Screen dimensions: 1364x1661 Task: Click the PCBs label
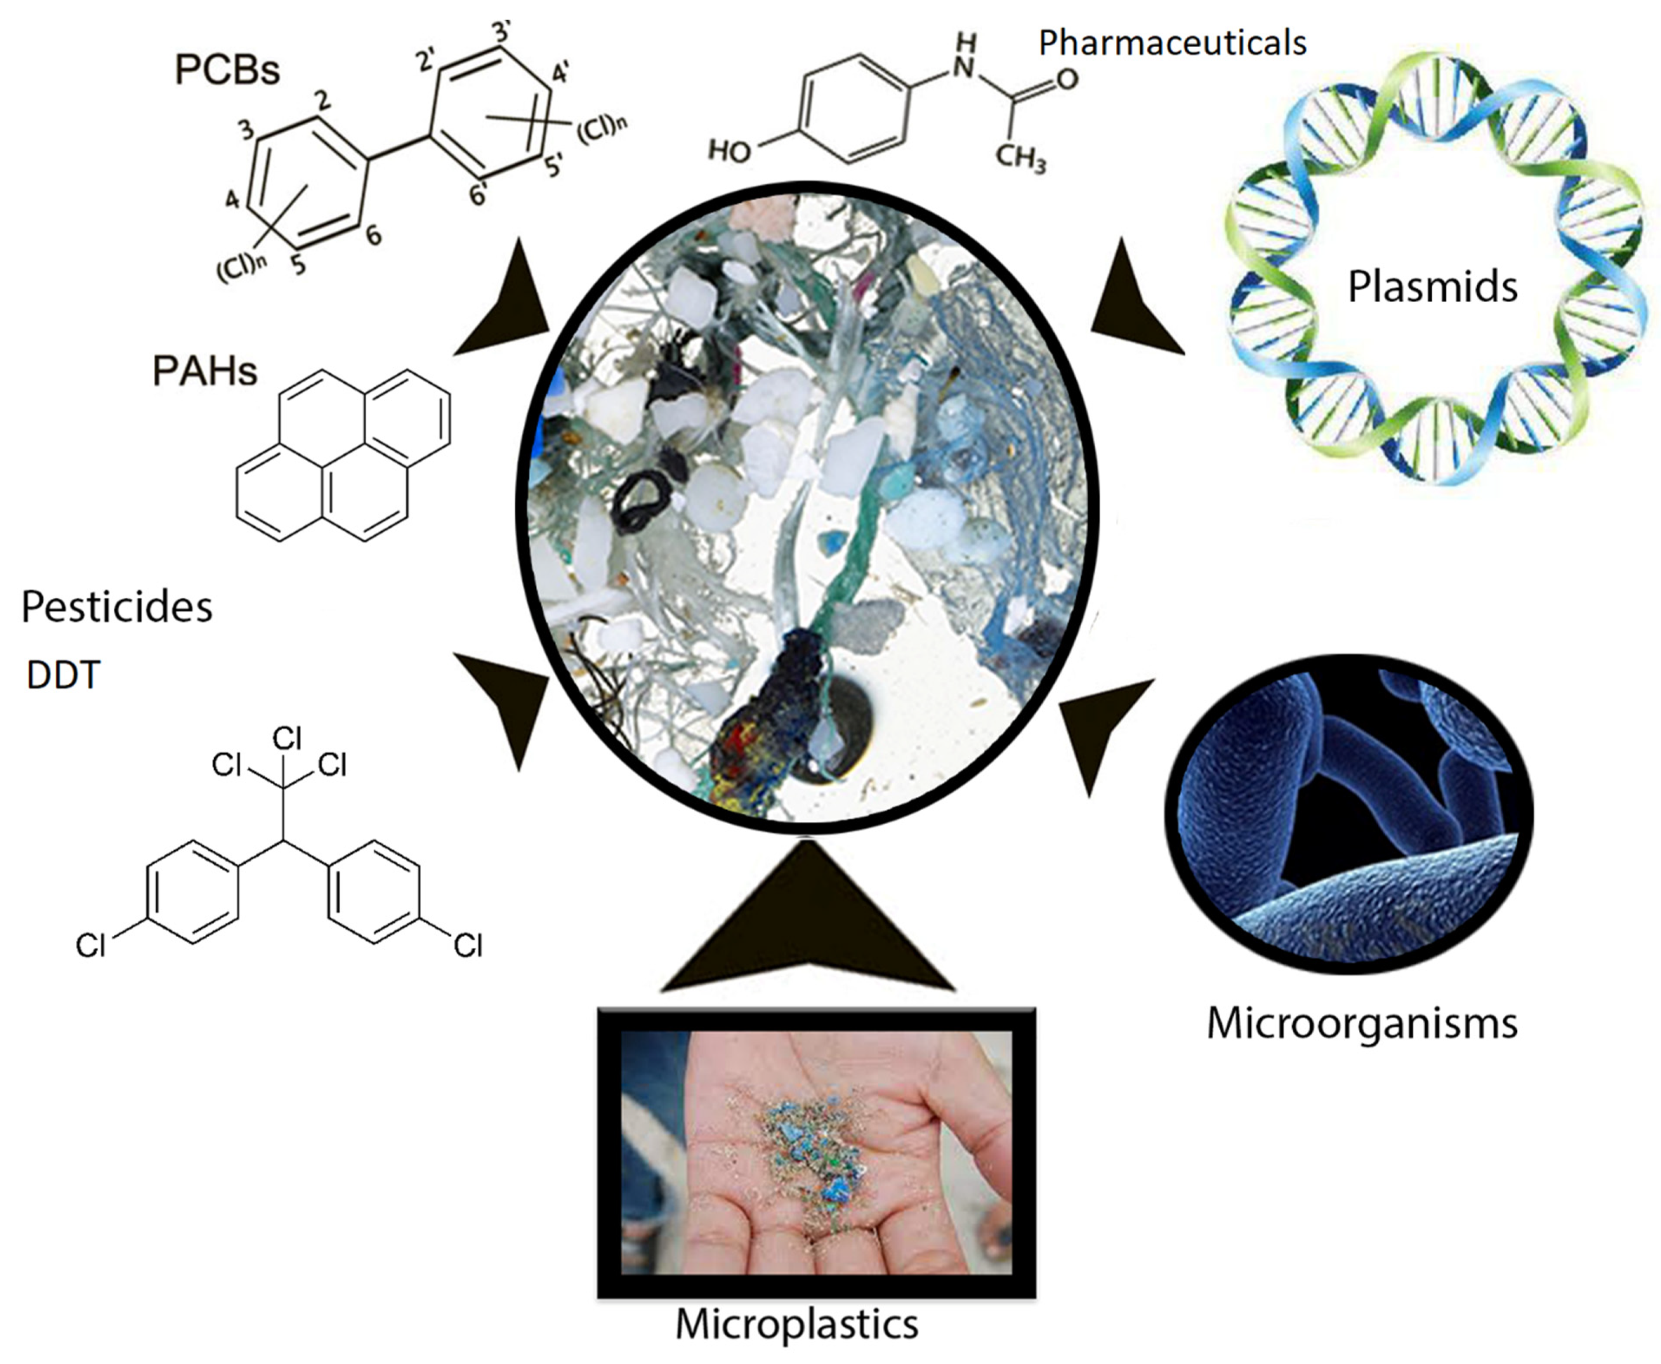click(227, 71)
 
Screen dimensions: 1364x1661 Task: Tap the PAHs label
click(204, 371)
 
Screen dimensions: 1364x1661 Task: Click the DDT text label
click(63, 675)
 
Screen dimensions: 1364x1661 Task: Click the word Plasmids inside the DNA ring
click(1432, 287)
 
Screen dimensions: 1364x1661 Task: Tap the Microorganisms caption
click(1362, 1024)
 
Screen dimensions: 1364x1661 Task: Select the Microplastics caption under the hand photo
click(797, 1324)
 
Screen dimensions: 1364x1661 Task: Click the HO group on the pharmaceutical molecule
click(729, 150)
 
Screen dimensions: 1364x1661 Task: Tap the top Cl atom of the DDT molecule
click(287, 738)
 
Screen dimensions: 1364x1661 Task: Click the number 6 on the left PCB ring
click(374, 234)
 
